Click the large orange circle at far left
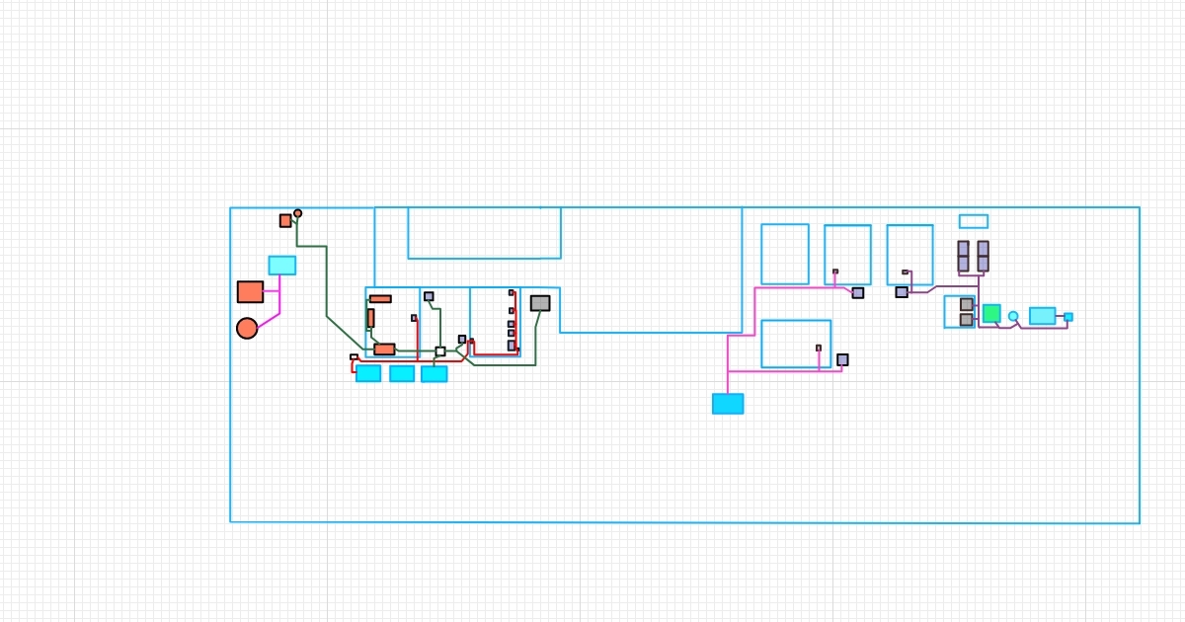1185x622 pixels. coord(247,328)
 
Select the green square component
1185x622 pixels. coord(991,313)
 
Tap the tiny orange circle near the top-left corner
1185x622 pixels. coord(297,212)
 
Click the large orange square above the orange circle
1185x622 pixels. coord(250,291)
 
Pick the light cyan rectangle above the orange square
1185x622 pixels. coord(281,265)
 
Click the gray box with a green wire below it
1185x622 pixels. coord(539,303)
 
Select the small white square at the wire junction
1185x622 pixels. coord(440,351)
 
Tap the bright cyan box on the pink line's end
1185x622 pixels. coord(728,404)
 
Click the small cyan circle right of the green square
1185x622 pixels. coord(1013,316)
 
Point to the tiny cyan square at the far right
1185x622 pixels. coord(1068,317)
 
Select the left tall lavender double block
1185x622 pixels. coord(963,256)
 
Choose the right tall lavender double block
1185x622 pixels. coord(983,256)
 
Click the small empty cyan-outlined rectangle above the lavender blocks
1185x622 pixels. coord(973,221)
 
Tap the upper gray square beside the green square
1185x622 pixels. coord(967,304)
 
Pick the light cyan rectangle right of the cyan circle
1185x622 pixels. coord(1042,316)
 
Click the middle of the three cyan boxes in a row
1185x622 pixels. coord(402,373)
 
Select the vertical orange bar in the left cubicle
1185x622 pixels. coord(370,318)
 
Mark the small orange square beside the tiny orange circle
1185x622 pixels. coord(285,220)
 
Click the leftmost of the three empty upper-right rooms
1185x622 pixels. coord(784,254)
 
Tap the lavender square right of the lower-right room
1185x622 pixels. coord(842,359)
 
